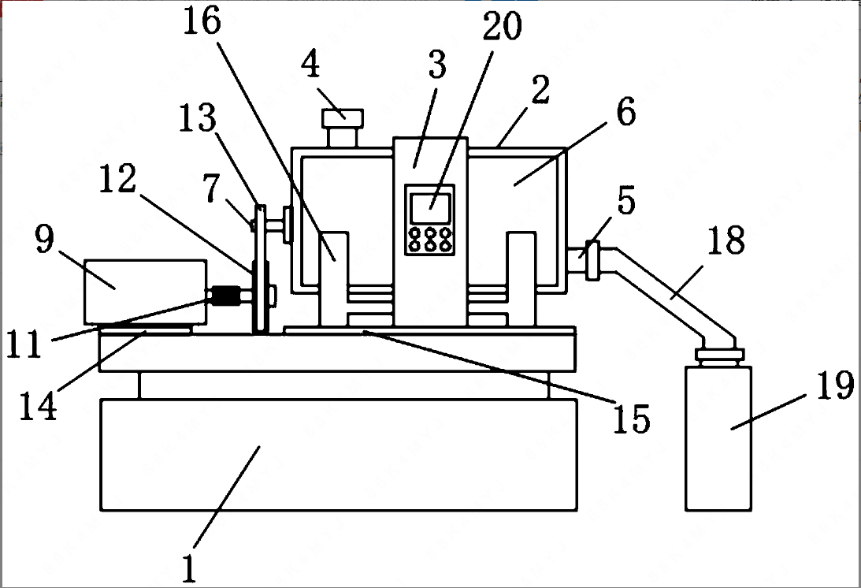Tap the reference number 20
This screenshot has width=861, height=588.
(503, 26)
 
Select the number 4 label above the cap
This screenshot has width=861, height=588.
(310, 64)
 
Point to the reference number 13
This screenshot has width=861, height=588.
(198, 117)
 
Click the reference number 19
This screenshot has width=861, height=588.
(836, 385)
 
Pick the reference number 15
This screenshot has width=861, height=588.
(632, 419)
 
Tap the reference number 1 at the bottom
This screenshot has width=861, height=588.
(189, 568)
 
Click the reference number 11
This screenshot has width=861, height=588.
(24, 344)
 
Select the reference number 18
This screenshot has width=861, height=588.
(726, 240)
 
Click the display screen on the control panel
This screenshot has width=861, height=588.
(430, 208)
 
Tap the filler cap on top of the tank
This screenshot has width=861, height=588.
(343, 128)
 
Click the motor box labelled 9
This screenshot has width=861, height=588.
(146, 292)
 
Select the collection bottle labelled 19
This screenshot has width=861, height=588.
(718, 438)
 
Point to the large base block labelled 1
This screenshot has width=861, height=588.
(339, 455)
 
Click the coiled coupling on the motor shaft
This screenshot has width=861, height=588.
(225, 296)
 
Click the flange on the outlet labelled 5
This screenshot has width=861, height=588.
(592, 260)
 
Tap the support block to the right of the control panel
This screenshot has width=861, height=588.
(521, 279)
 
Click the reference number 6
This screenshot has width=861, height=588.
(626, 112)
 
